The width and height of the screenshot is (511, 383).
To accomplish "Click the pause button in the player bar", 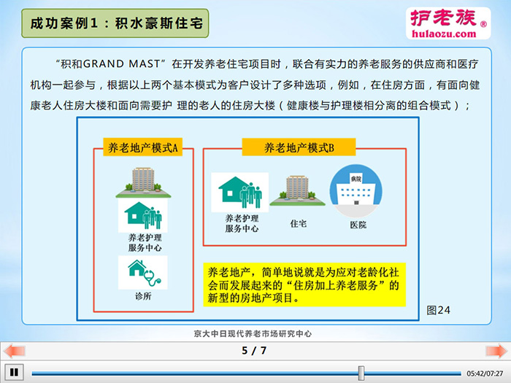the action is [14, 372].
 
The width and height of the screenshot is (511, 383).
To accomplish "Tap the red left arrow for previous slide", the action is [14, 351].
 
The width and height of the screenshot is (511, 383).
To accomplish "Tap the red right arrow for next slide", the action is [496, 351].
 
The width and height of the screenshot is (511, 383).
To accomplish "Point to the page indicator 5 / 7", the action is [254, 350].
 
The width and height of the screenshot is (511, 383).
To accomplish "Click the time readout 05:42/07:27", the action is [485, 374].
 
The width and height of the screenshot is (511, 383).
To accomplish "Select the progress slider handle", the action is [361, 373].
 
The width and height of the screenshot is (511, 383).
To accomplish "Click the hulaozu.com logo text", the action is [444, 34].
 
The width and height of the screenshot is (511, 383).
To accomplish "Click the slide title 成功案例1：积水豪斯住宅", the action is [115, 23].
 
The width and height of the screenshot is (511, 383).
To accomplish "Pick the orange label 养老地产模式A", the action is [143, 147].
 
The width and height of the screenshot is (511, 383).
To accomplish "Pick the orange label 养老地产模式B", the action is [299, 147].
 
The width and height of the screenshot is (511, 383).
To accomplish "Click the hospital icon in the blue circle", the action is [356, 191].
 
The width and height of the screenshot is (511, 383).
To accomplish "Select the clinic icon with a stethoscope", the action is [143, 273].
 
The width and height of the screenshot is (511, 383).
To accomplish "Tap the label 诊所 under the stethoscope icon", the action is [143, 296].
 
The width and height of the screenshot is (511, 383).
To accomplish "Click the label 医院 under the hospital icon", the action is [358, 225].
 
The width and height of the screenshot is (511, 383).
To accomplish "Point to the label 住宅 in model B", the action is [298, 224].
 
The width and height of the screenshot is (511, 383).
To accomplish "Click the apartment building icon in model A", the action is [143, 182].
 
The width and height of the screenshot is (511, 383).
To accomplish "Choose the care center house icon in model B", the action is [240, 192].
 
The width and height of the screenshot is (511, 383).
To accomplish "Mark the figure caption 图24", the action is [438, 310].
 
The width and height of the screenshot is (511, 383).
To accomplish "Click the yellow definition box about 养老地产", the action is [304, 285].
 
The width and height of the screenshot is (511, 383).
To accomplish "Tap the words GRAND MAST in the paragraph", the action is [122, 64].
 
